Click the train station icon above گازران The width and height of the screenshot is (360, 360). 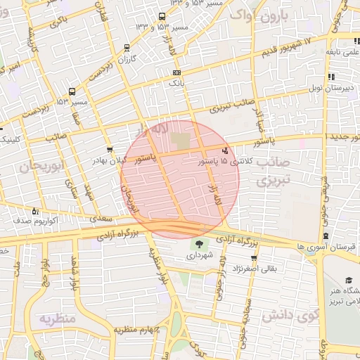(126, 48)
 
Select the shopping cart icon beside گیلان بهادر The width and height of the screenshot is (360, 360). (109, 150)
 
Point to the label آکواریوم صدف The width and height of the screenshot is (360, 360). (35, 220)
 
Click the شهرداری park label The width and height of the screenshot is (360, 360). (200, 256)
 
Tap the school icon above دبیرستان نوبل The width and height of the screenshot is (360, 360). (330, 77)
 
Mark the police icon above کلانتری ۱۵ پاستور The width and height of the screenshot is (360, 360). (224, 150)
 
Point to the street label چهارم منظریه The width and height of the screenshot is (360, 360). (139, 329)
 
